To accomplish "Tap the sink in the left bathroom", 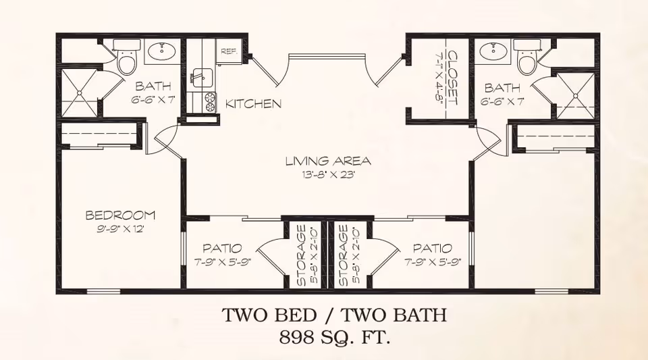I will point(161,51).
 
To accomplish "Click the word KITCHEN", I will point(253,104).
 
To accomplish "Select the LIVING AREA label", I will point(328,161).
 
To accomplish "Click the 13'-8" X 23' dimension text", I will point(329,174).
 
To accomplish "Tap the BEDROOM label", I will point(120,215).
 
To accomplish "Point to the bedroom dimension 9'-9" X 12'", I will point(120,229).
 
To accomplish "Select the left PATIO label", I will point(222,249).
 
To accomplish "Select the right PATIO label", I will point(432,249).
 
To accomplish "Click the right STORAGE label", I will point(343,255).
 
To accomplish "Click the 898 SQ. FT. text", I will point(334,338).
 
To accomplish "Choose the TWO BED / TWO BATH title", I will point(334,315).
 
